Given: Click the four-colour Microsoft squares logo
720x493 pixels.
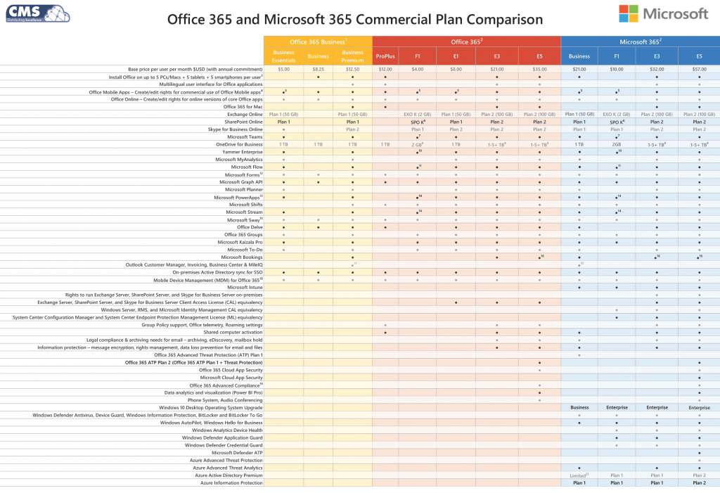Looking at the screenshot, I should pyautogui.click(x=629, y=14).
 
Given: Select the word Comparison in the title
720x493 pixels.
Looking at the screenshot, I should pyautogui.click(x=499, y=19).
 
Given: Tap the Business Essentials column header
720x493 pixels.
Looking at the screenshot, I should pyautogui.click(x=283, y=56).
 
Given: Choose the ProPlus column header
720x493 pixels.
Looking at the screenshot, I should pyautogui.click(x=385, y=56).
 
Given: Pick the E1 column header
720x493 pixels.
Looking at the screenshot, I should pyautogui.click(x=456, y=56).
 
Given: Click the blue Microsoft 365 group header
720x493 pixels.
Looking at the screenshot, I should pyautogui.click(x=640, y=41).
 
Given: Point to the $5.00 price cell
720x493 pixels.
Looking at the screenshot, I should pyautogui.click(x=283, y=70).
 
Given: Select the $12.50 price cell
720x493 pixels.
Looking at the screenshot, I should pyautogui.click(x=352, y=70).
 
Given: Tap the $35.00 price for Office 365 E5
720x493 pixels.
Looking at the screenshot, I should pyautogui.click(x=539, y=70).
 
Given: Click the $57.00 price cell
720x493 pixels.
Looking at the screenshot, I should pyautogui.click(x=699, y=70).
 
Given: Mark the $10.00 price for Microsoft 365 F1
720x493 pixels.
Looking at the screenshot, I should pyautogui.click(x=617, y=70).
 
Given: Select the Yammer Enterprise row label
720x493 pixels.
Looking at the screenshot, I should pyautogui.click(x=240, y=151).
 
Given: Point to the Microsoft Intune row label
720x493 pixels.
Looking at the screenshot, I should pyautogui.click(x=245, y=287).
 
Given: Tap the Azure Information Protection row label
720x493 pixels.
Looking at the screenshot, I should pyautogui.click(x=231, y=483).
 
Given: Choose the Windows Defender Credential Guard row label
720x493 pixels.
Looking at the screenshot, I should pyautogui.click(x=224, y=445).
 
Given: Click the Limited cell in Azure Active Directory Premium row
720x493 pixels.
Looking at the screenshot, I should pyautogui.click(x=579, y=475).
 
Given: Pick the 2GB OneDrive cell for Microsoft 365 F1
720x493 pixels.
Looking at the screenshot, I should pyautogui.click(x=617, y=144).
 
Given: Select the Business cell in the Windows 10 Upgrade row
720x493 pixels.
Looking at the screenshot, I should pyautogui.click(x=579, y=407).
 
